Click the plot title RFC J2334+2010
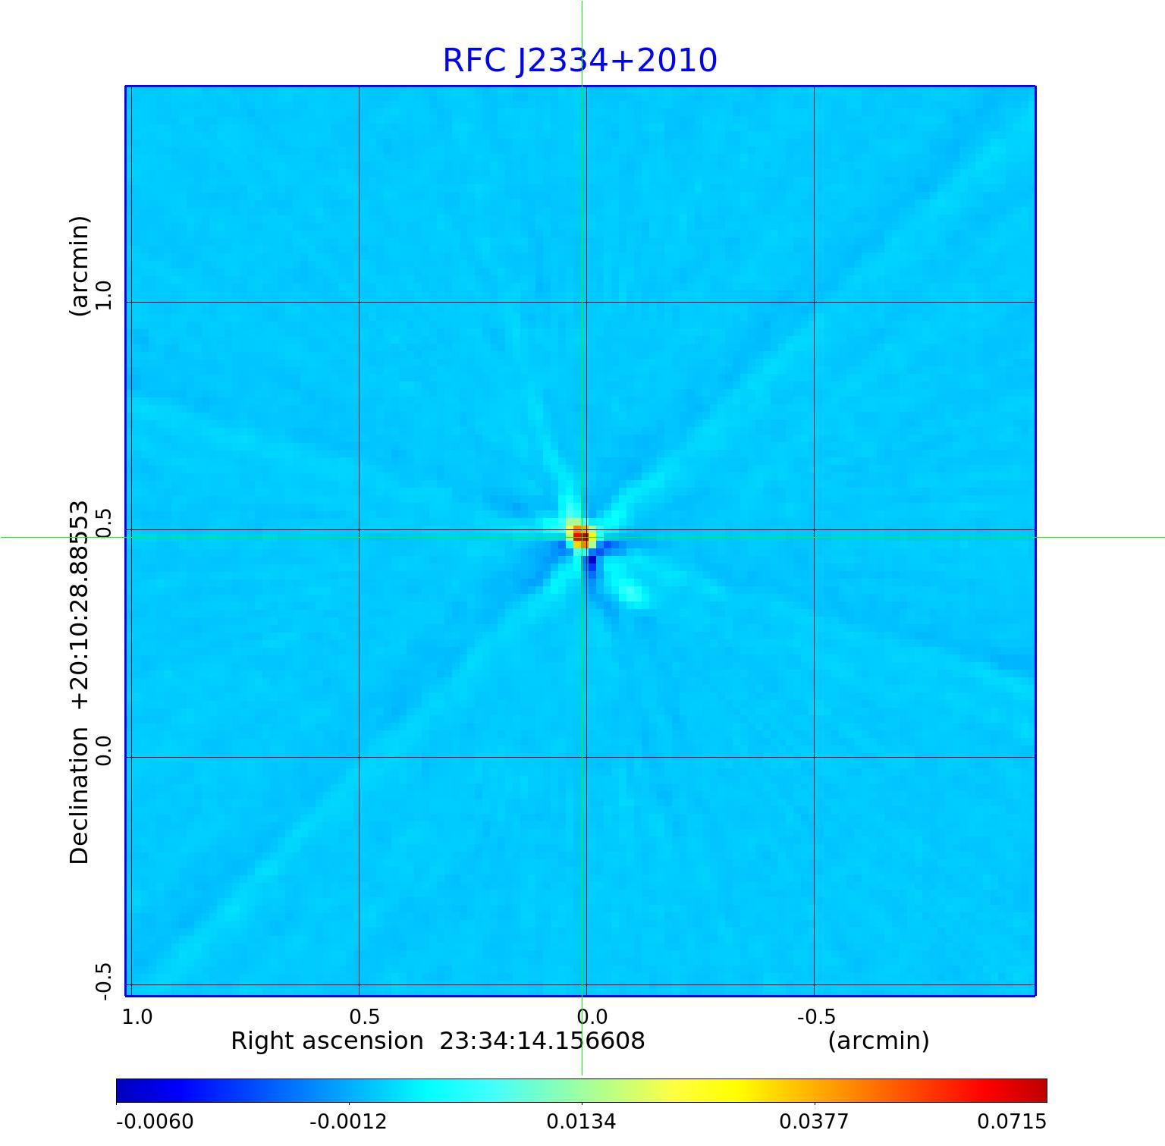click(579, 61)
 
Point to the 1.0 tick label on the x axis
click(137, 1016)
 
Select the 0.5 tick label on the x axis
click(364, 1016)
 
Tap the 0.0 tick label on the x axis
click(592, 1016)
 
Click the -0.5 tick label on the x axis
click(816, 1016)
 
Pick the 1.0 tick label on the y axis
click(104, 294)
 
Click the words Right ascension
click(327, 1041)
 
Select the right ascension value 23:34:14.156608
click(542, 1041)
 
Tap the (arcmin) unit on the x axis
click(878, 1041)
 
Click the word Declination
click(80, 796)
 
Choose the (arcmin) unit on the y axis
click(80, 265)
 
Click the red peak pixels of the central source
click(581, 536)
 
